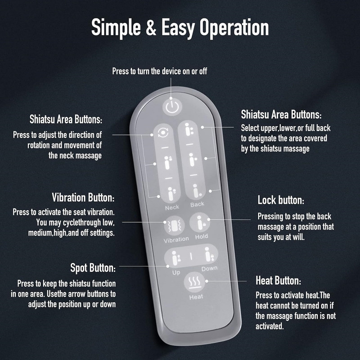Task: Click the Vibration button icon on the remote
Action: tap(175, 226)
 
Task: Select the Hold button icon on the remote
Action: tap(200, 223)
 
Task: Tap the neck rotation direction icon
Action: tap(163, 132)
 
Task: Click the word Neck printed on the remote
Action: tap(172, 207)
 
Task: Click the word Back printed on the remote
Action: tap(197, 204)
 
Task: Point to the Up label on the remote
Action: tap(176, 273)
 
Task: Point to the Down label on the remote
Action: tap(209, 268)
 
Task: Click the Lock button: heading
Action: tap(281, 200)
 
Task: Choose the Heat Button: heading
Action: tap(278, 280)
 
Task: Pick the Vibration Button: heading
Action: tap(83, 198)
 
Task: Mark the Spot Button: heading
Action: tap(93, 268)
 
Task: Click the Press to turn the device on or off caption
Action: tap(160, 71)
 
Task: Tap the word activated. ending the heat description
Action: tap(270, 326)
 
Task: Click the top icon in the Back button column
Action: tap(189, 130)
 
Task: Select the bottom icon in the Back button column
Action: tap(197, 191)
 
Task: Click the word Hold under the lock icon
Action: tap(201, 236)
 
